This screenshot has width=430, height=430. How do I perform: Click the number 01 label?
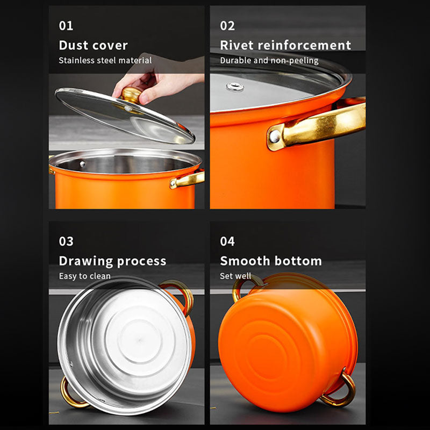click(x=66, y=26)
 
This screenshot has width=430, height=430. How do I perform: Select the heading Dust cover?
click(x=93, y=45)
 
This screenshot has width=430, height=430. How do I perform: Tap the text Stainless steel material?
click(x=105, y=61)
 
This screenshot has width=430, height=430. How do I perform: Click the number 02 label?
click(x=227, y=26)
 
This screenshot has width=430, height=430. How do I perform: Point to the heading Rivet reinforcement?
click(x=285, y=45)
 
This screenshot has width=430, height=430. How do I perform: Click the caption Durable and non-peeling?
click(x=269, y=61)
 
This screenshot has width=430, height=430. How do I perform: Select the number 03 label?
click(x=66, y=241)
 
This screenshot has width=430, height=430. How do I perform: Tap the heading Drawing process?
click(x=112, y=261)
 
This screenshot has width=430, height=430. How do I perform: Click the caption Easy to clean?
click(x=84, y=276)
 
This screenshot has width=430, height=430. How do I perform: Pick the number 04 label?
click(x=227, y=241)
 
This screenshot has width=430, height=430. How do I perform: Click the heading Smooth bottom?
click(x=270, y=261)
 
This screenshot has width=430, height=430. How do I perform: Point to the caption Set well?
click(x=235, y=276)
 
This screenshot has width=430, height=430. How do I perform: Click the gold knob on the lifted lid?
click(x=131, y=95)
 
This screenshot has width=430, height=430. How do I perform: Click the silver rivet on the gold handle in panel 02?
click(x=275, y=137)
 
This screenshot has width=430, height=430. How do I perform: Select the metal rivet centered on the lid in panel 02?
click(x=234, y=87)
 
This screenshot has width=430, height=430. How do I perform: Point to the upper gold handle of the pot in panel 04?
click(x=245, y=285)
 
